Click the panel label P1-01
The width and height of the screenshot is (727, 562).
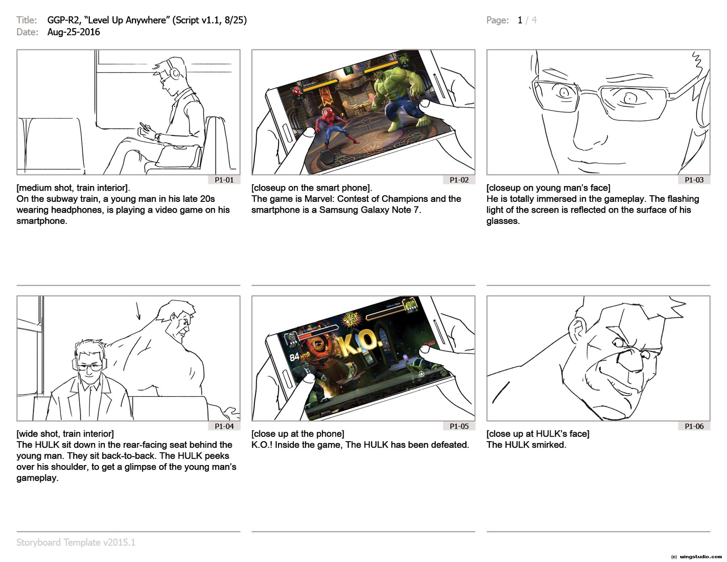click(x=224, y=180)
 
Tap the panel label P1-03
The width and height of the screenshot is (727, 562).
click(x=694, y=180)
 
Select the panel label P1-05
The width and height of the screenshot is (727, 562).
click(x=459, y=426)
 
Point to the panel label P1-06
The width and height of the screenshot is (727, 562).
click(x=694, y=426)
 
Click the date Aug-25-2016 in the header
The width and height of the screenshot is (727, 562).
click(x=73, y=32)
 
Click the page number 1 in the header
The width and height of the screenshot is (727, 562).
click(x=520, y=20)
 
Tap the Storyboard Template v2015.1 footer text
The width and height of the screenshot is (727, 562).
click(x=76, y=542)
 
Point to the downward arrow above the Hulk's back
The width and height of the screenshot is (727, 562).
click(x=138, y=311)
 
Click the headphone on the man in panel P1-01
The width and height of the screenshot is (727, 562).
click(x=174, y=72)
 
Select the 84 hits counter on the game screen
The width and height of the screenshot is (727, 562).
click(x=300, y=357)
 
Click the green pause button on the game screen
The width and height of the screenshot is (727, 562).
click(x=348, y=70)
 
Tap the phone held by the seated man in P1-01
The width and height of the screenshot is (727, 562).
click(x=144, y=126)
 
